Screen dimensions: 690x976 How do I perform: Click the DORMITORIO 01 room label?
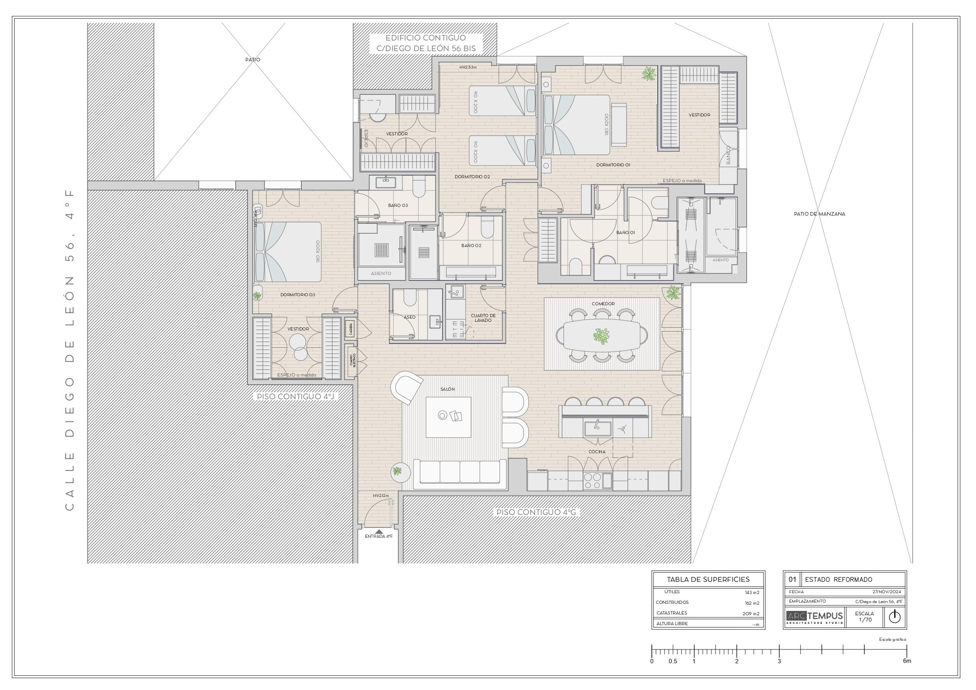[613, 164]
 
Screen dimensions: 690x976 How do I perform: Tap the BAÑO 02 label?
[471, 245]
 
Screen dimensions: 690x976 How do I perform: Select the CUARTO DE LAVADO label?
[483, 317]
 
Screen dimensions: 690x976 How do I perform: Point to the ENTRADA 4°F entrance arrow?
[379, 531]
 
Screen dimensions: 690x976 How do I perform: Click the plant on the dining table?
[601, 336]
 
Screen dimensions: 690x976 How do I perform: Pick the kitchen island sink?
[598, 428]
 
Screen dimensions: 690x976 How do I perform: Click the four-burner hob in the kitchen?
[592, 481]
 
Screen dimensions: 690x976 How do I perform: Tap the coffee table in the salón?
[448, 417]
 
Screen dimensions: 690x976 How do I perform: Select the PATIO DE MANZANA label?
[819, 214]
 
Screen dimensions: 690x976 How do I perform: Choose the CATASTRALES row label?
[672, 613]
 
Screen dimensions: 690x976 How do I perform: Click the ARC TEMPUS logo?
[814, 617]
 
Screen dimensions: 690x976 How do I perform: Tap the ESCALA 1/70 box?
[864, 617]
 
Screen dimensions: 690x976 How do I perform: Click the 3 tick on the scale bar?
[779, 661]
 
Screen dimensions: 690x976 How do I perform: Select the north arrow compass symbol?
[895, 617]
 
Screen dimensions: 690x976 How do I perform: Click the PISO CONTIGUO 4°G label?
[536, 512]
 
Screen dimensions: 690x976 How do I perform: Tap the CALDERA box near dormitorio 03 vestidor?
[350, 329]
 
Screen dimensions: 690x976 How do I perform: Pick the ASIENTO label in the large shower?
[381, 273]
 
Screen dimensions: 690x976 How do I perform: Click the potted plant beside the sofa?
[397, 471]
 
